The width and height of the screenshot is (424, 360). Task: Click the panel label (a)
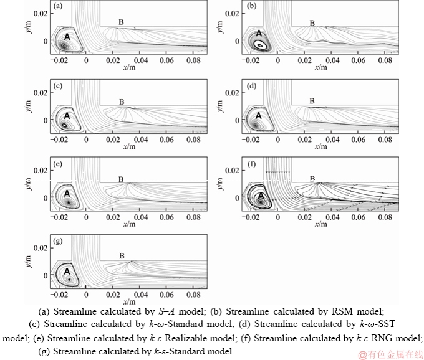[58, 6]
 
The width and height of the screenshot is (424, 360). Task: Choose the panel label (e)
[58, 163]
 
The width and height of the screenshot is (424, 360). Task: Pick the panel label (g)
[58, 240]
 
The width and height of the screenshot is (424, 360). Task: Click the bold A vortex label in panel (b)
[259, 34]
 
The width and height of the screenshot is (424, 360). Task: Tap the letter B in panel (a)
[122, 22]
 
